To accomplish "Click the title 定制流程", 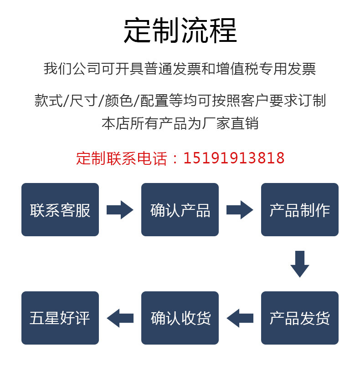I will [x=180, y=30].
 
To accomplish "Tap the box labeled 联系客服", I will [x=60, y=210].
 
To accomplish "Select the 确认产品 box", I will [x=180, y=210].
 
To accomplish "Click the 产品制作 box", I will [x=299, y=210].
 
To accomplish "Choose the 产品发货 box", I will [x=299, y=318].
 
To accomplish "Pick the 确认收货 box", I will [x=180, y=318].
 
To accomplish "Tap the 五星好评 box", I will [x=60, y=318].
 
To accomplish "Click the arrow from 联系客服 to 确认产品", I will [x=120, y=210].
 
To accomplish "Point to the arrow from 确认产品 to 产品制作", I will [x=240, y=210].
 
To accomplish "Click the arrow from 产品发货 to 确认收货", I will [x=240, y=318].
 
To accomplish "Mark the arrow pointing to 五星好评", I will [x=120, y=318].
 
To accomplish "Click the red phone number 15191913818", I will [x=234, y=158].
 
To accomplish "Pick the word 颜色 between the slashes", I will [x=118, y=100].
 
